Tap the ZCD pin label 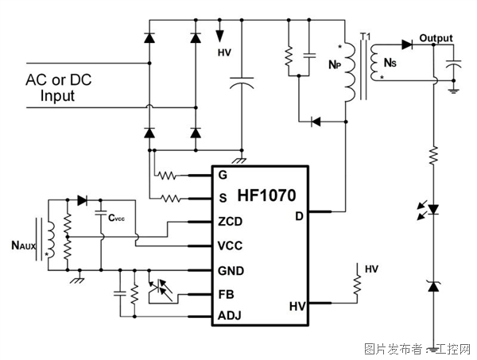coord(230,222)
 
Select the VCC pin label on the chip coord(231,246)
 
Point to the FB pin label coord(227,293)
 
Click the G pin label coord(222,174)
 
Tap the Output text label coord(436,38)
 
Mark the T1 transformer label coord(366,37)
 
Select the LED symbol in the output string coord(433,211)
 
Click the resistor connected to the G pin coord(167,175)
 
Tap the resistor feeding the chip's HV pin coord(357,283)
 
